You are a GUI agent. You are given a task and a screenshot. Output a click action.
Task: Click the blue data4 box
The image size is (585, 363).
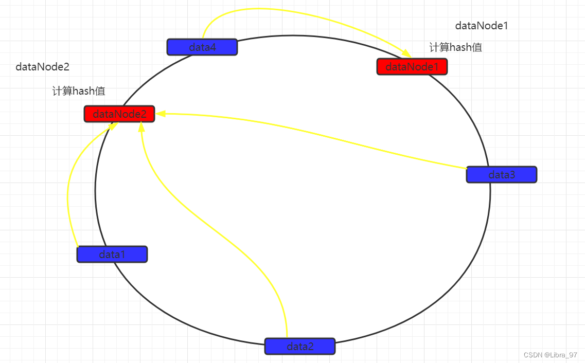tap(202, 47)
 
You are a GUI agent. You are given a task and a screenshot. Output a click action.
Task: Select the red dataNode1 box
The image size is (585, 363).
tap(412, 66)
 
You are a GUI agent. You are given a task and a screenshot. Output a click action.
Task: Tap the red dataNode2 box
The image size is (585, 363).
tap(119, 114)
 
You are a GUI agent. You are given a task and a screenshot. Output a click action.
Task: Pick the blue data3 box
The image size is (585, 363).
tap(501, 175)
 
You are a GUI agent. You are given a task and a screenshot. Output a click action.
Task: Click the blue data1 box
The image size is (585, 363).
tap(112, 255)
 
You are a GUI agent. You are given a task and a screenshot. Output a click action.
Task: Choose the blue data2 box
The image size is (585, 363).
tap(299, 346)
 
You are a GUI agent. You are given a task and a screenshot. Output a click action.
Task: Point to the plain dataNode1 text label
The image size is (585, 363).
tap(482, 26)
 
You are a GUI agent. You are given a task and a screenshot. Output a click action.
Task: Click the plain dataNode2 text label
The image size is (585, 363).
tap(42, 67)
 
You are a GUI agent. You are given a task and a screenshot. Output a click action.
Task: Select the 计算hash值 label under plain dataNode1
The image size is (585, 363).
tap(455, 48)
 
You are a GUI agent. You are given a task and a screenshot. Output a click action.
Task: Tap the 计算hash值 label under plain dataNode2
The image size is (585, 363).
tap(79, 92)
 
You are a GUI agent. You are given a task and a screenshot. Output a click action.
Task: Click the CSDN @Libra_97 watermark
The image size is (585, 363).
tap(550, 355)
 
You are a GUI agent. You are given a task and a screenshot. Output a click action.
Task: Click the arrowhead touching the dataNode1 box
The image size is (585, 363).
tap(406, 54)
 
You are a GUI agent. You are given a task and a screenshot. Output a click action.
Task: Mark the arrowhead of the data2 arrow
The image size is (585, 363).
tap(141, 126)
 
